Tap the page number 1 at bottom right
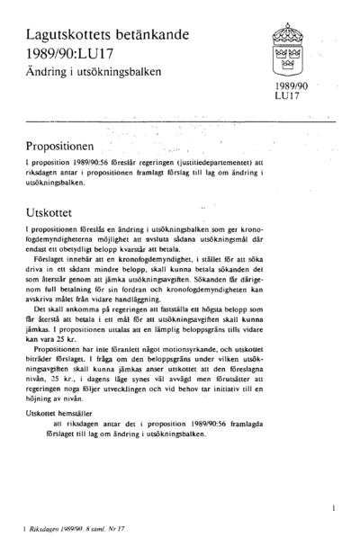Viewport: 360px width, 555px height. click(x=333, y=509)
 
